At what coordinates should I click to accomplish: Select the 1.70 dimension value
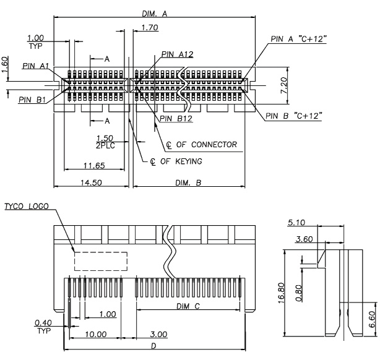coord(149,27)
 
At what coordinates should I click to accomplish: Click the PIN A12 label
coord(176,54)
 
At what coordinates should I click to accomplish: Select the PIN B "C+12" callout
coord(294,116)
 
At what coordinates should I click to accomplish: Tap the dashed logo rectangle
coord(101,260)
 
